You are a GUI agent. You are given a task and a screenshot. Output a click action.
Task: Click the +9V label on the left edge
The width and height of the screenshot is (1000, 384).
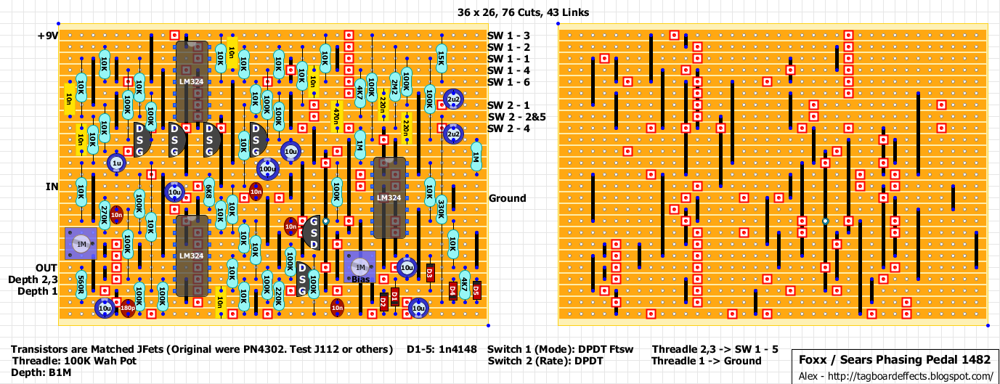pyautogui.click(x=48, y=35)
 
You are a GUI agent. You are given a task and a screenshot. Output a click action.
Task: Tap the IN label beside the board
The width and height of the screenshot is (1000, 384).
pyautogui.click(x=52, y=187)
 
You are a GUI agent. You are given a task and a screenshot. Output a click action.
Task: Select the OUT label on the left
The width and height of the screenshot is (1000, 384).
pyautogui.click(x=46, y=268)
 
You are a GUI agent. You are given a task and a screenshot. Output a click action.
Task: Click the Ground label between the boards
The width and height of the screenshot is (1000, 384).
pyautogui.click(x=508, y=198)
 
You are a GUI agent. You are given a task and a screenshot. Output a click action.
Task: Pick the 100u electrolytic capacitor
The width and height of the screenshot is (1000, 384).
pyautogui.click(x=267, y=169)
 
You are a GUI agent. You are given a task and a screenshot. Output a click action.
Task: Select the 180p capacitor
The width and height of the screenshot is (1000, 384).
pyautogui.click(x=128, y=309)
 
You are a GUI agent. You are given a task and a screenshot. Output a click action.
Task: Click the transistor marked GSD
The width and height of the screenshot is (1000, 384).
pyautogui.click(x=314, y=232)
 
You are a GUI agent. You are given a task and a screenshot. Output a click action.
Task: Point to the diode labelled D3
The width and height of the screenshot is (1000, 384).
pyautogui.click(x=430, y=274)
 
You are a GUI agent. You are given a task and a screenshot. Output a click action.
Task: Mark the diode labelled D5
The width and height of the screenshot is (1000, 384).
pyautogui.click(x=476, y=291)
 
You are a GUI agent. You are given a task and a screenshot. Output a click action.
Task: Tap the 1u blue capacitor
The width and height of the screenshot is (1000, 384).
pyautogui.click(x=116, y=164)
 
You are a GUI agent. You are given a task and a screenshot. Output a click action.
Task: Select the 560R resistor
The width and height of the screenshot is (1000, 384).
pyautogui.click(x=81, y=285)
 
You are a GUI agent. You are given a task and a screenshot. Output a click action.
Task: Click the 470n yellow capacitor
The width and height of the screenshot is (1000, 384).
pyautogui.click(x=336, y=116)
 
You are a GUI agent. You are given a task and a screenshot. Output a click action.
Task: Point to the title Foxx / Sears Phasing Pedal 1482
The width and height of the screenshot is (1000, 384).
pyautogui.click(x=895, y=360)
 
